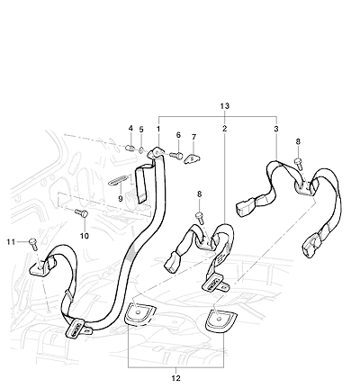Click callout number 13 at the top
(225, 106)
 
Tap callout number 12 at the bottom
(176, 378)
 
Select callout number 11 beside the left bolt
(11, 241)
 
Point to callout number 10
(85, 236)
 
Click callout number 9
(121, 199)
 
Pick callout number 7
(193, 137)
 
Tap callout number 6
(178, 135)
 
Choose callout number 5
(141, 130)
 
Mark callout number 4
(130, 128)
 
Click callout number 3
(276, 129)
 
